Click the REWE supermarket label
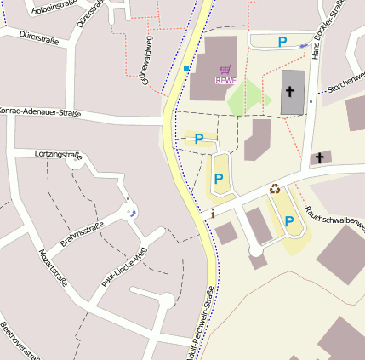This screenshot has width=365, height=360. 225,81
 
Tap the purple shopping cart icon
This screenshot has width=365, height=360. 225,69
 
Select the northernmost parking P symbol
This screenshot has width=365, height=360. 282,41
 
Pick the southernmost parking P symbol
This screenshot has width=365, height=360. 289,221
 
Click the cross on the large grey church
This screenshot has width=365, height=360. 289,90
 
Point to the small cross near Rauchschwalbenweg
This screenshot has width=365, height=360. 320,157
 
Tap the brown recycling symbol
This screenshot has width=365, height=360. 275,189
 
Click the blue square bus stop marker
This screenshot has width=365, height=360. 186,67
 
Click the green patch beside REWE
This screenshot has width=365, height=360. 245,100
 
